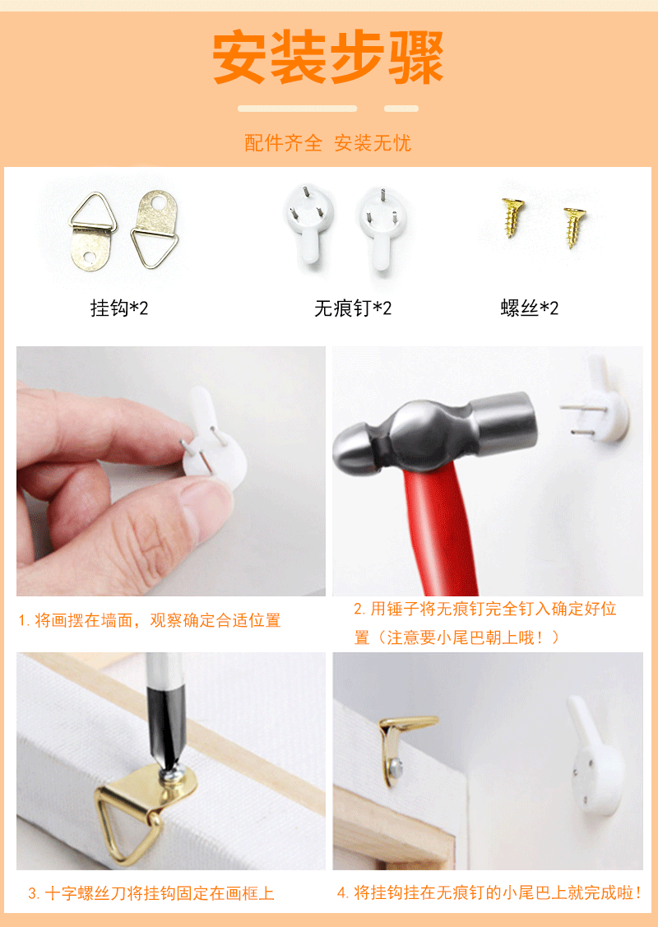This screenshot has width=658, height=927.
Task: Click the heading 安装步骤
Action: pos(328,58)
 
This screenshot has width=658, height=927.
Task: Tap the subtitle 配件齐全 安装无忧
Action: pos(327,143)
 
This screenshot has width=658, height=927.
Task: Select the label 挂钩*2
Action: pos(119,308)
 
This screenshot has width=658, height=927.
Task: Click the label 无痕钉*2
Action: pos(353,308)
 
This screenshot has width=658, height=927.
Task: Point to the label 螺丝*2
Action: pos(530,308)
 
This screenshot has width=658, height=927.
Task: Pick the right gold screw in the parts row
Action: pos(574,225)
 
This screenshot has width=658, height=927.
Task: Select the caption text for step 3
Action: pos(151,893)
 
